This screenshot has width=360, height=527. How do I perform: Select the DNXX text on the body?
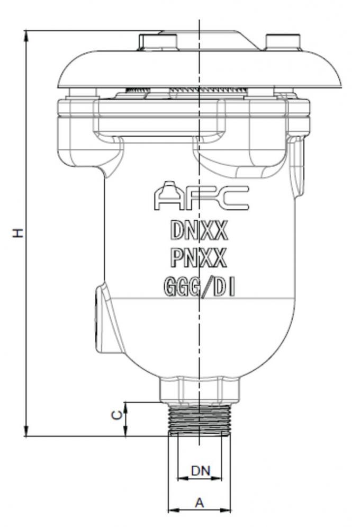(199, 230)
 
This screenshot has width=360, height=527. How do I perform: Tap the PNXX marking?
(199, 258)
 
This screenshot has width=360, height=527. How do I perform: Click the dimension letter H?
(17, 233)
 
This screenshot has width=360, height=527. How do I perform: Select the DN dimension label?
(200, 470)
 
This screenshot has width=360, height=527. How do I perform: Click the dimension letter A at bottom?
(199, 503)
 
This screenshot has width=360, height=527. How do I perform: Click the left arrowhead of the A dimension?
(171, 511)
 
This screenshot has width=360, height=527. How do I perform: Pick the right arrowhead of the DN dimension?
(218, 478)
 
